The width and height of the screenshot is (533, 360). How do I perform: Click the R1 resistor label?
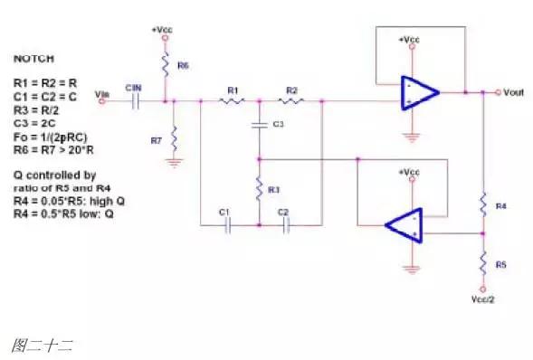[233, 90]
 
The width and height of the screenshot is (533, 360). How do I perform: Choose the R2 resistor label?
[290, 90]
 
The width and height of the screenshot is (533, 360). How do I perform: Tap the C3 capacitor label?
[278, 123]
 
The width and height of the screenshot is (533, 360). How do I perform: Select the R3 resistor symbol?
[259, 189]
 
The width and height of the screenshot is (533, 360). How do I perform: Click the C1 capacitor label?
[224, 212]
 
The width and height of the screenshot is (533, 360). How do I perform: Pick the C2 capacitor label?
[282, 212]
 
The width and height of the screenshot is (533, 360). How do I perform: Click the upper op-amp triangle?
[419, 92]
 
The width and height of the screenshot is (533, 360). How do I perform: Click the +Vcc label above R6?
[164, 30]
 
